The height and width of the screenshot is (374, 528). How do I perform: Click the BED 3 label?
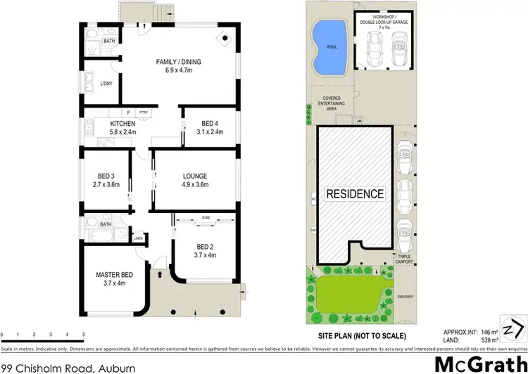106,176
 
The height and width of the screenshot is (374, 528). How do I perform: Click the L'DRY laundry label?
106,84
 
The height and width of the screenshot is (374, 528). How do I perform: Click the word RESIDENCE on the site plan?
354,194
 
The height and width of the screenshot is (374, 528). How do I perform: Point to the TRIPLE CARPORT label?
403,260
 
